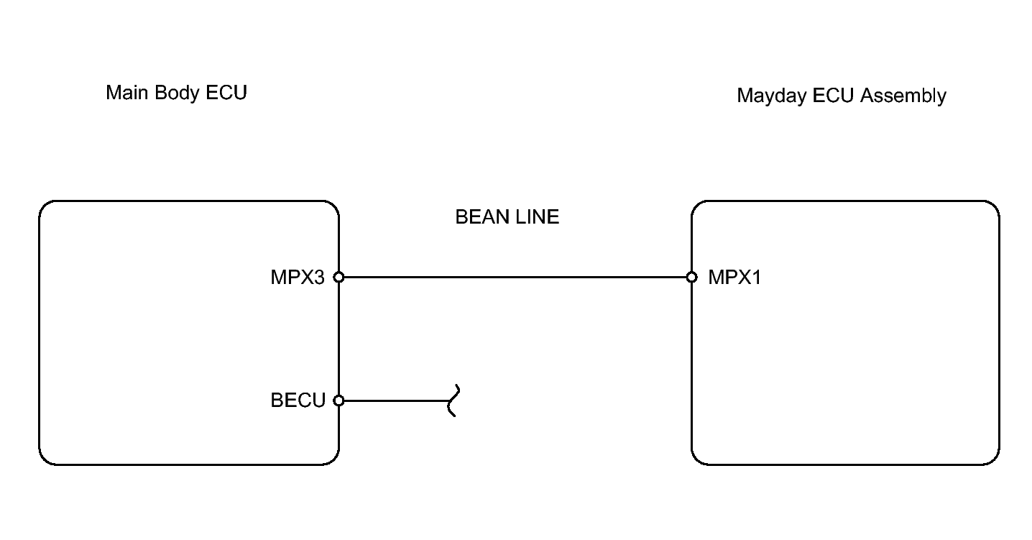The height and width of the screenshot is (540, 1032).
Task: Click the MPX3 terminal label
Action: tap(298, 278)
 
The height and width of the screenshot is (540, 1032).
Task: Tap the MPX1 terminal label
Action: tap(734, 278)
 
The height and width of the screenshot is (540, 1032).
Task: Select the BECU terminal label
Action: tap(298, 401)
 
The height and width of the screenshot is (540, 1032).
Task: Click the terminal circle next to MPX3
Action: tap(338, 277)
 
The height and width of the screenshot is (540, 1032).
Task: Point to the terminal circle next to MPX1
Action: tap(691, 277)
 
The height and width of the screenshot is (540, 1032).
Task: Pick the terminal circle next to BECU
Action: tap(338, 401)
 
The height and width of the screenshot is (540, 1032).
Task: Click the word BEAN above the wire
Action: tap(482, 216)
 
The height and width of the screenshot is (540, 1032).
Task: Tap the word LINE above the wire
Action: tap(537, 216)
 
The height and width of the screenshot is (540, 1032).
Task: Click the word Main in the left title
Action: tap(127, 93)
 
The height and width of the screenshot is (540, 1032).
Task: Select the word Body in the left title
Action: tap(178, 93)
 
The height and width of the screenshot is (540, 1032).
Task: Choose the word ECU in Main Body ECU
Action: tap(226, 93)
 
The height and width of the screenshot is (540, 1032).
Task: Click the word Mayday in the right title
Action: tap(772, 96)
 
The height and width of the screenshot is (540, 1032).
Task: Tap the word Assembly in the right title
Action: tap(903, 96)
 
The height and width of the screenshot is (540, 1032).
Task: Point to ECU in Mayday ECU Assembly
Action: tap(833, 96)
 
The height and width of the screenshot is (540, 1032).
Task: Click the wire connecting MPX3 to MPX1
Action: tap(515, 277)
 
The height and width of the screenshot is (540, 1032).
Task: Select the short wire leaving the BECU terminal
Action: tap(396, 401)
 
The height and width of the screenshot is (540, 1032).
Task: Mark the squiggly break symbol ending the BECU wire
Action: tap(454, 401)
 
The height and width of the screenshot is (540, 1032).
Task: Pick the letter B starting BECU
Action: tap(277, 401)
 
